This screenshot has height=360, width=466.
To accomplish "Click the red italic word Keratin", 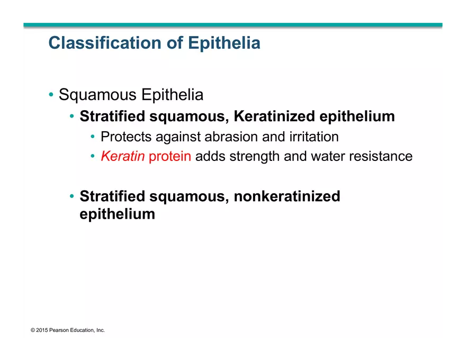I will click(x=122, y=157).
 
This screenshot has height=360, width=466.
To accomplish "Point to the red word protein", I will click(x=170, y=157).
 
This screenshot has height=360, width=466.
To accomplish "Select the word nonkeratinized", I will click(x=286, y=196).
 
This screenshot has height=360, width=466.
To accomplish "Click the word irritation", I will click(x=314, y=137).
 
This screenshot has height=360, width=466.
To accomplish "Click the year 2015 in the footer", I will click(x=42, y=330).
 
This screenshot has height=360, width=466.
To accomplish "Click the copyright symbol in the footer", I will click(x=33, y=330).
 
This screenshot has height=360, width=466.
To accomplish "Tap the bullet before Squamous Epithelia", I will click(x=51, y=95).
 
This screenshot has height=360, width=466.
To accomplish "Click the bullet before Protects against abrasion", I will click(x=93, y=137).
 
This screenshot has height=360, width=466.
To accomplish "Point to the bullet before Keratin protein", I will click(x=93, y=157).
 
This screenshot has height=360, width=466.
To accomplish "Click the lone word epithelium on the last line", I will click(x=117, y=214).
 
